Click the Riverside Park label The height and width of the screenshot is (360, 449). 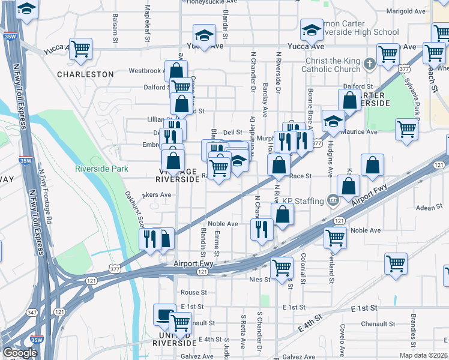[101, 169]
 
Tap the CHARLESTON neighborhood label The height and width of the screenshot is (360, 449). [85, 74]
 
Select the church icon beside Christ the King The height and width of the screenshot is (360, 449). [371, 62]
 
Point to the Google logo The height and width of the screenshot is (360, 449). [20, 353]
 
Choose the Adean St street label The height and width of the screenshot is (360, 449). [429, 208]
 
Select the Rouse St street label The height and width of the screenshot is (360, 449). [193, 293]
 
